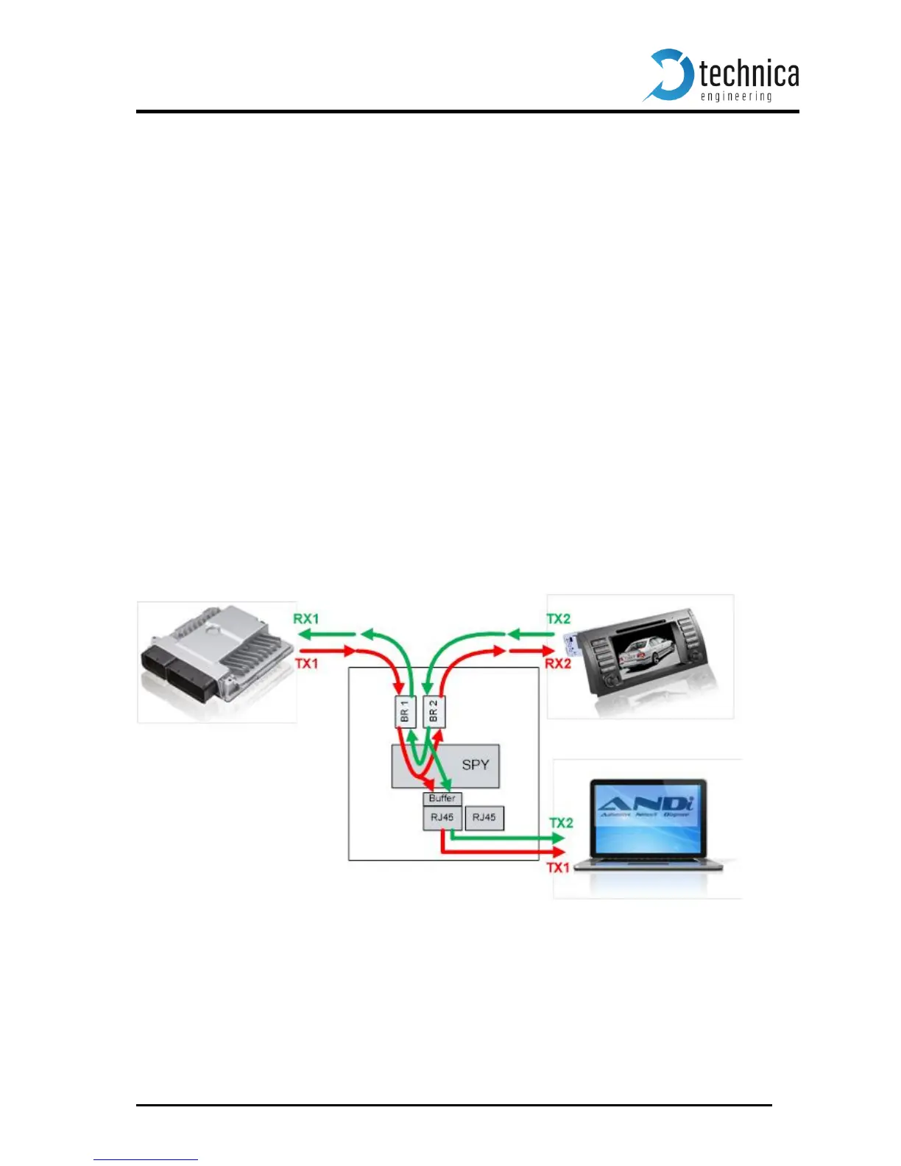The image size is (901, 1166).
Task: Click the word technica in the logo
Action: pos(749,74)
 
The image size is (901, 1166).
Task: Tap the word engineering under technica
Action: pos(735,96)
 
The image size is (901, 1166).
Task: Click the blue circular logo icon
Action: pos(668,74)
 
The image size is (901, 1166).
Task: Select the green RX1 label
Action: pos(306,619)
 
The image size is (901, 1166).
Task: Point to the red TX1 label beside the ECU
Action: pos(306,664)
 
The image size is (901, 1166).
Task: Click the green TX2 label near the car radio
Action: pos(559,619)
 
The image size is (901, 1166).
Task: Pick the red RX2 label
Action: pos(558,664)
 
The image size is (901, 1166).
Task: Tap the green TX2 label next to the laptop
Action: pos(561,823)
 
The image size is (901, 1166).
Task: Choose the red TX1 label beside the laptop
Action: pos(559,868)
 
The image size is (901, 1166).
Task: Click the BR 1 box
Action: pos(405,712)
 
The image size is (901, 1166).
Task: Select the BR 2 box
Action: pos(434,712)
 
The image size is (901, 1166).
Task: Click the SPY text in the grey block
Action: pos(475,765)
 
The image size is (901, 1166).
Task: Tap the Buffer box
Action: pos(442,799)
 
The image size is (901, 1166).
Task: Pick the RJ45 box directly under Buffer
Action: pos(442,818)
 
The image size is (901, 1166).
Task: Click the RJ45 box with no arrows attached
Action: pos(484,818)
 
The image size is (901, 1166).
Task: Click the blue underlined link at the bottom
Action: pos(146,1159)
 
